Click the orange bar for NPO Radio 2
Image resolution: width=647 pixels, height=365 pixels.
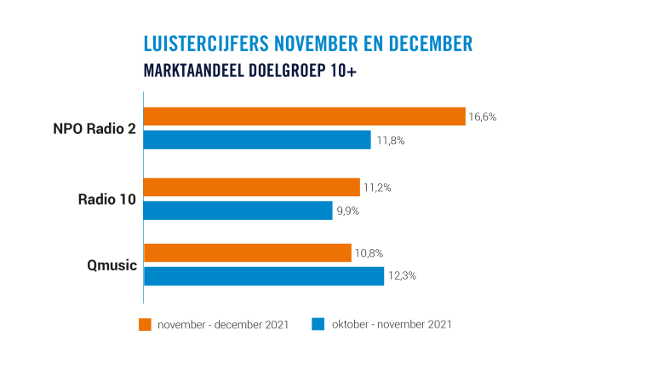click(x=304, y=117)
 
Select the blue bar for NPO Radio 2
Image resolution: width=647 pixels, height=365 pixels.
click(x=257, y=140)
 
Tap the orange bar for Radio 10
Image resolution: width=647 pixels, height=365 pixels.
click(x=252, y=188)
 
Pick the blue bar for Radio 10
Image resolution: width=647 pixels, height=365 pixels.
click(x=238, y=211)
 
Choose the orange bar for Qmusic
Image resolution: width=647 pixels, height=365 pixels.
click(x=247, y=253)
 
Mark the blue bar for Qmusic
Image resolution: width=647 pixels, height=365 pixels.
click(x=264, y=276)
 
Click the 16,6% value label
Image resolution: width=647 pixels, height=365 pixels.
click(x=482, y=117)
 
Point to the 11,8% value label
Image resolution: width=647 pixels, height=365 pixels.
click(x=388, y=140)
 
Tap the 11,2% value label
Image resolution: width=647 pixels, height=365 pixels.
click(x=377, y=188)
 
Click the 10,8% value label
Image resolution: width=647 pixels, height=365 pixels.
click(x=369, y=253)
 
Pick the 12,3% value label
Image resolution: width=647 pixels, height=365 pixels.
click(x=401, y=276)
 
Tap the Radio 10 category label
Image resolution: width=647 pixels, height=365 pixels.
click(x=106, y=200)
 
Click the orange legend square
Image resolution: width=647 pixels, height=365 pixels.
click(x=145, y=324)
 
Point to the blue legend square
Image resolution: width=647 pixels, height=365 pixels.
click(x=318, y=324)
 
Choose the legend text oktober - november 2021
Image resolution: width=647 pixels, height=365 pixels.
click(x=392, y=325)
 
